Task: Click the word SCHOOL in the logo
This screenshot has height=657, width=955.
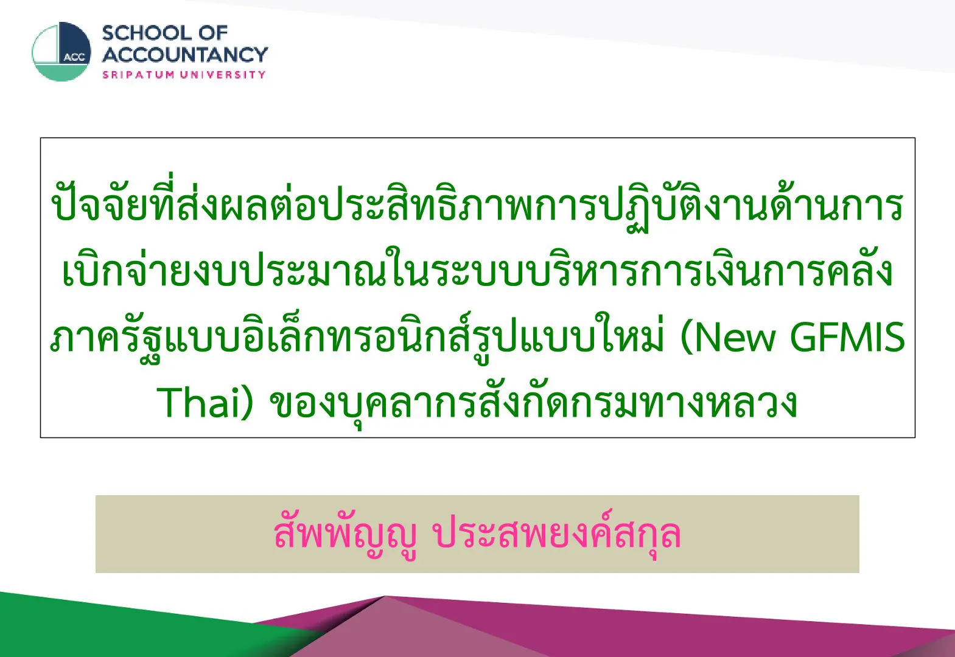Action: [x=147, y=33]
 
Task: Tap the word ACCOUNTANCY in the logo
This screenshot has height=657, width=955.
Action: [x=184, y=55]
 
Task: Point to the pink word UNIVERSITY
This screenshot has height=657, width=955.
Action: [x=223, y=75]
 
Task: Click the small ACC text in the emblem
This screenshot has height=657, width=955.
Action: [x=74, y=57]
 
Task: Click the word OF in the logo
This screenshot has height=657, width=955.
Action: [x=213, y=33]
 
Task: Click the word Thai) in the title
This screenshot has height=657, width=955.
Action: [x=205, y=402]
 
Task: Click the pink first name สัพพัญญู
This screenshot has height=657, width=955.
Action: [x=346, y=534]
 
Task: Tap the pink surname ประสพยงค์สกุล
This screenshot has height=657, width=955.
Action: [x=557, y=534]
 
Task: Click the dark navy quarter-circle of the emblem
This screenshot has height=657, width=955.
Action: [x=75, y=43]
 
